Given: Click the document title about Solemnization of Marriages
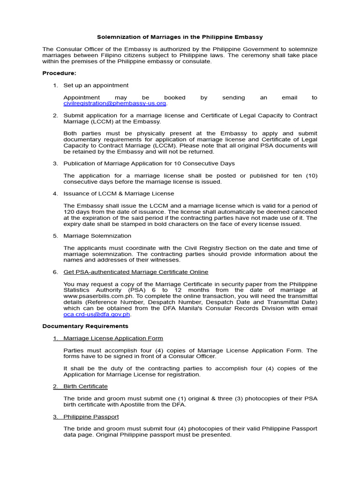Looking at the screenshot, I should click(x=180, y=37).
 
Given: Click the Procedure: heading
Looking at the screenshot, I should click(x=59, y=73).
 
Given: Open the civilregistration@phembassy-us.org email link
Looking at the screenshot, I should click(x=115, y=104).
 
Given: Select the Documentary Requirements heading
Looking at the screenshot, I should click(x=85, y=326).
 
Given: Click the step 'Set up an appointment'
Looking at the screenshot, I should click(x=96, y=85).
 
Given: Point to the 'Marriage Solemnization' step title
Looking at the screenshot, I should click(x=97, y=236).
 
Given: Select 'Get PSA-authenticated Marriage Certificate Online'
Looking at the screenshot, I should click(x=136, y=272).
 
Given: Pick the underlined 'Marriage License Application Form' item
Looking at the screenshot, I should click(x=113, y=338).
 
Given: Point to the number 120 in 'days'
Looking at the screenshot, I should click(x=69, y=211).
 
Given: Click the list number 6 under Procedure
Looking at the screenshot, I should click(x=55, y=272).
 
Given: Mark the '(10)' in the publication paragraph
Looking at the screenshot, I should click(x=312, y=175).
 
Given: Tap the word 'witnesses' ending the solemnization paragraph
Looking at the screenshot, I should click(x=165, y=260).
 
